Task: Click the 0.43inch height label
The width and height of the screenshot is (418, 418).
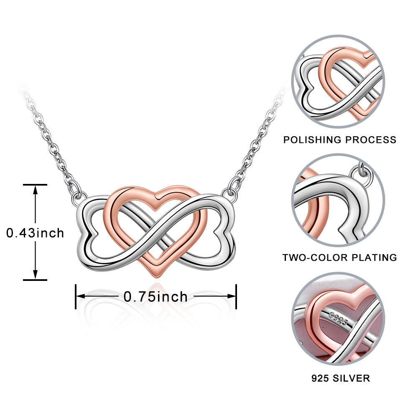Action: click(x=35, y=233)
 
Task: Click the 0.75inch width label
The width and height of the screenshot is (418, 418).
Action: click(x=155, y=297)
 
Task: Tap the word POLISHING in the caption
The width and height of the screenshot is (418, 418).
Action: click(x=311, y=140)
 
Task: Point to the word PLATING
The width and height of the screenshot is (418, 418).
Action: click(x=374, y=257)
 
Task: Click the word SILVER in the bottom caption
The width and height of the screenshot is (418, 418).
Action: click(x=352, y=378)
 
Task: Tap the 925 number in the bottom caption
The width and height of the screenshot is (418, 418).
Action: click(x=320, y=378)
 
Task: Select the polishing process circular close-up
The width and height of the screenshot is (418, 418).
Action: click(x=338, y=82)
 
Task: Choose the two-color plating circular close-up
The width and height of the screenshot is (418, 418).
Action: click(x=338, y=200)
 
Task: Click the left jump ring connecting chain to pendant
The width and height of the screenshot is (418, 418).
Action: click(x=76, y=195)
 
